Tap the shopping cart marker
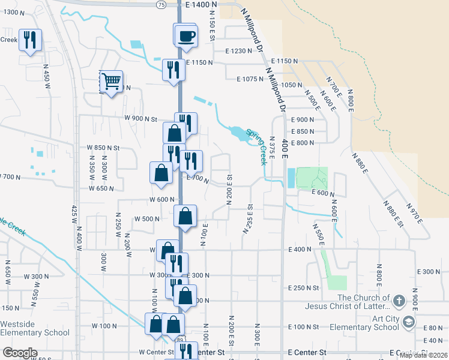[x=111, y=80]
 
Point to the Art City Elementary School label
[x=368, y=323]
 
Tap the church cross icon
[x=400, y=299]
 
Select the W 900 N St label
[x=140, y=119]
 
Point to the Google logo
[x=20, y=353]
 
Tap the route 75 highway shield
[x=160, y=4]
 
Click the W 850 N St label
[x=103, y=147]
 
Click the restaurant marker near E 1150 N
[x=173, y=69]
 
